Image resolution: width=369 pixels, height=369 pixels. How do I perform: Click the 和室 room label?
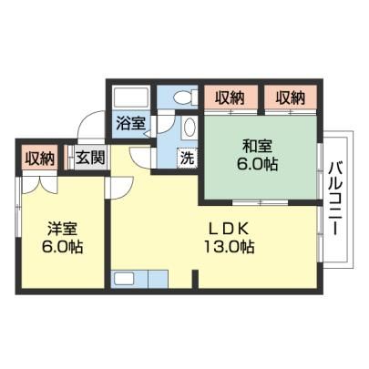pos(257,147)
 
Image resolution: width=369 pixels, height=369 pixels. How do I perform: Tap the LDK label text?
pos(228,229)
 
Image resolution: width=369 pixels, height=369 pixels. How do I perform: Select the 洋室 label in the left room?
pos(62,229)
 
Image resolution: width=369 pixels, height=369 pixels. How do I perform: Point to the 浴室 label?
pos(130,124)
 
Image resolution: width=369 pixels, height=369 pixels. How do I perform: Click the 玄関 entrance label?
pos(90,158)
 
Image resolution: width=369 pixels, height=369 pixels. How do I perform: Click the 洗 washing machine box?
pos(188,158)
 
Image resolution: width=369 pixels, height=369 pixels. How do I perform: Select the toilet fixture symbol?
pos(185,97)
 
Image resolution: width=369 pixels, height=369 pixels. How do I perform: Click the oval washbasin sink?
pos(190,128)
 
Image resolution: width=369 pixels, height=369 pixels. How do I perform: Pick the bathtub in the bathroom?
pos(130,97)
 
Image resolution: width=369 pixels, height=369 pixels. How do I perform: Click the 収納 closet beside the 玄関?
pos(39,159)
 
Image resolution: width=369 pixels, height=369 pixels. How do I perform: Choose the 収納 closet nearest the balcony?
pos(291,97)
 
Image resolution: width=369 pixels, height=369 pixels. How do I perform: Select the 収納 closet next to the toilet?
pos(231,97)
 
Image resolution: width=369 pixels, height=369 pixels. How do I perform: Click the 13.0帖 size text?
pos(229,247)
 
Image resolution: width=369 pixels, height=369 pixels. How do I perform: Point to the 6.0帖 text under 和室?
pos(257,164)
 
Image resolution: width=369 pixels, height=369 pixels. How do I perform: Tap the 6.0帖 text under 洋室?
pos(62,247)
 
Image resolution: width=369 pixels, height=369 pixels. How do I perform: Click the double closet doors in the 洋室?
pos(39,184)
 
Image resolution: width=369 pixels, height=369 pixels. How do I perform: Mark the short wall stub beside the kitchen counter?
pos(195,279)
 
